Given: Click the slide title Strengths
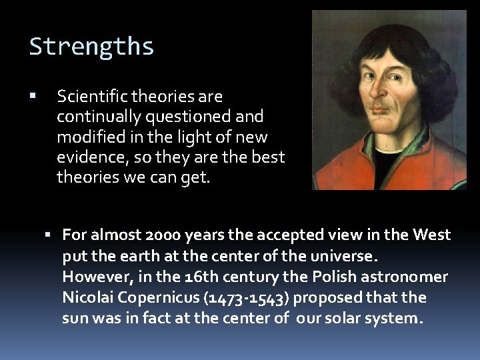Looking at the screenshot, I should [91, 47].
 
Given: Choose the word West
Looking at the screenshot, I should [432, 235].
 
